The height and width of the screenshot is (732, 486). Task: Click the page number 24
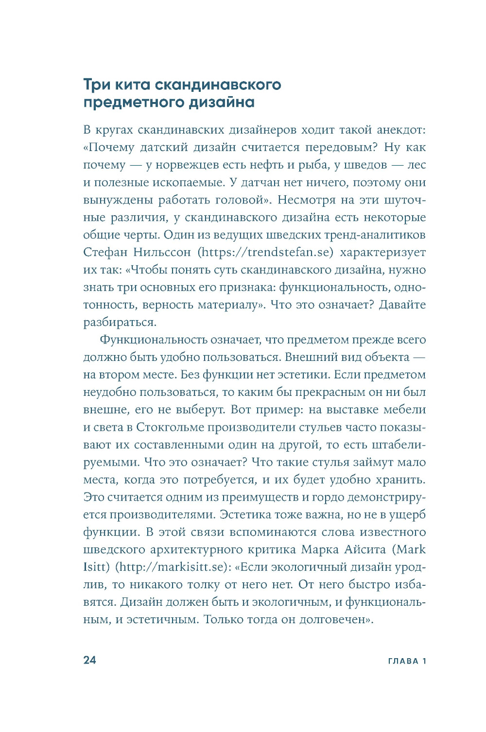pyautogui.click(x=90, y=660)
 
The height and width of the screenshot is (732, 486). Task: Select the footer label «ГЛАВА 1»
pyautogui.click(x=407, y=661)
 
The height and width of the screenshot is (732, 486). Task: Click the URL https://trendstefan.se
pyautogui.click(x=267, y=253)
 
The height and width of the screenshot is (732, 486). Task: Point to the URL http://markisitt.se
pyautogui.click(x=173, y=567)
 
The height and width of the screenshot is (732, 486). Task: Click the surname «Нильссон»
pyautogui.click(x=162, y=253)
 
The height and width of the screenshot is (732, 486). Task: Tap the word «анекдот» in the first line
pyautogui.click(x=399, y=130)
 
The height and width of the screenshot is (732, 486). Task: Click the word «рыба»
pyautogui.click(x=314, y=165)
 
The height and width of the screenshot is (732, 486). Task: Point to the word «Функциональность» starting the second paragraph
pyautogui.click(x=152, y=340)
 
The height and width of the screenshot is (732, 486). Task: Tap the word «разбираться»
pyautogui.click(x=119, y=323)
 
